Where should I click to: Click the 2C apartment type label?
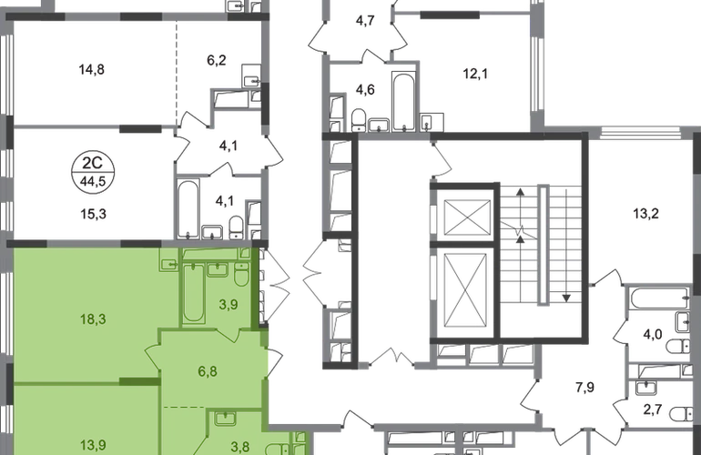(93, 163)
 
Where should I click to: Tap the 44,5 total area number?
(93, 182)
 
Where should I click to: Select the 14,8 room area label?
(92, 70)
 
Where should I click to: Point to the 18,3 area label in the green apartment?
(93, 319)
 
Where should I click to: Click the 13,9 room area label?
(93, 445)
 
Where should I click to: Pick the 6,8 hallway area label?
(208, 371)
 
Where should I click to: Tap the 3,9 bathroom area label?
(228, 305)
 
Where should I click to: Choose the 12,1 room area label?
(475, 74)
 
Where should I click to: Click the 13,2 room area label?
(645, 214)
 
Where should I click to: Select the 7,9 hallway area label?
(584, 387)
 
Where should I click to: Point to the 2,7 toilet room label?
(652, 409)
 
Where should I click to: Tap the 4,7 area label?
(365, 21)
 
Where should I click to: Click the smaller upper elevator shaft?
(467, 217)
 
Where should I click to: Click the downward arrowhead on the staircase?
(566, 298)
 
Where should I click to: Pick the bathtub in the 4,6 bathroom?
(403, 102)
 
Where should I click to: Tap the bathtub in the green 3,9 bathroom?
(194, 293)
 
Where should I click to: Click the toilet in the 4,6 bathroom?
(359, 120)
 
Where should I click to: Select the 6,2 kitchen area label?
(217, 60)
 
